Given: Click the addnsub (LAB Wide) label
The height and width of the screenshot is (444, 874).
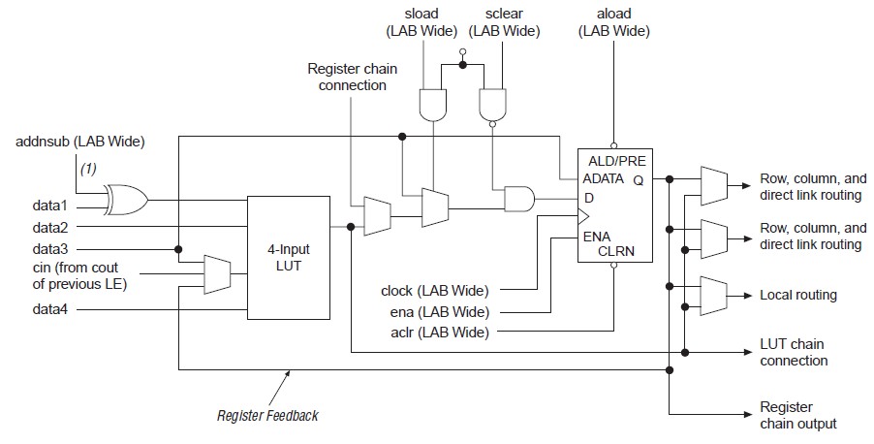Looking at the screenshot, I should tap(79, 143).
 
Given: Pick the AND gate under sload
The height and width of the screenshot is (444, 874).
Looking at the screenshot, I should tap(431, 101).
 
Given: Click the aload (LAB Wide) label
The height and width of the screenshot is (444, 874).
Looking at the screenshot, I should tap(613, 22).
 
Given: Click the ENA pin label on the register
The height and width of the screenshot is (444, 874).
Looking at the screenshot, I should tap(597, 236).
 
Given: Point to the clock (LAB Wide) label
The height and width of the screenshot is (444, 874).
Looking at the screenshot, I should tap(434, 290).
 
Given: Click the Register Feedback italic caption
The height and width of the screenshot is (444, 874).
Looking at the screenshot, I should tap(267, 416).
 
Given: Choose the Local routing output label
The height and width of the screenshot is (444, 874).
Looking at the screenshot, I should tap(797, 295).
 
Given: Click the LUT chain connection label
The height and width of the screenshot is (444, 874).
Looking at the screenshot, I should tap(794, 353).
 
